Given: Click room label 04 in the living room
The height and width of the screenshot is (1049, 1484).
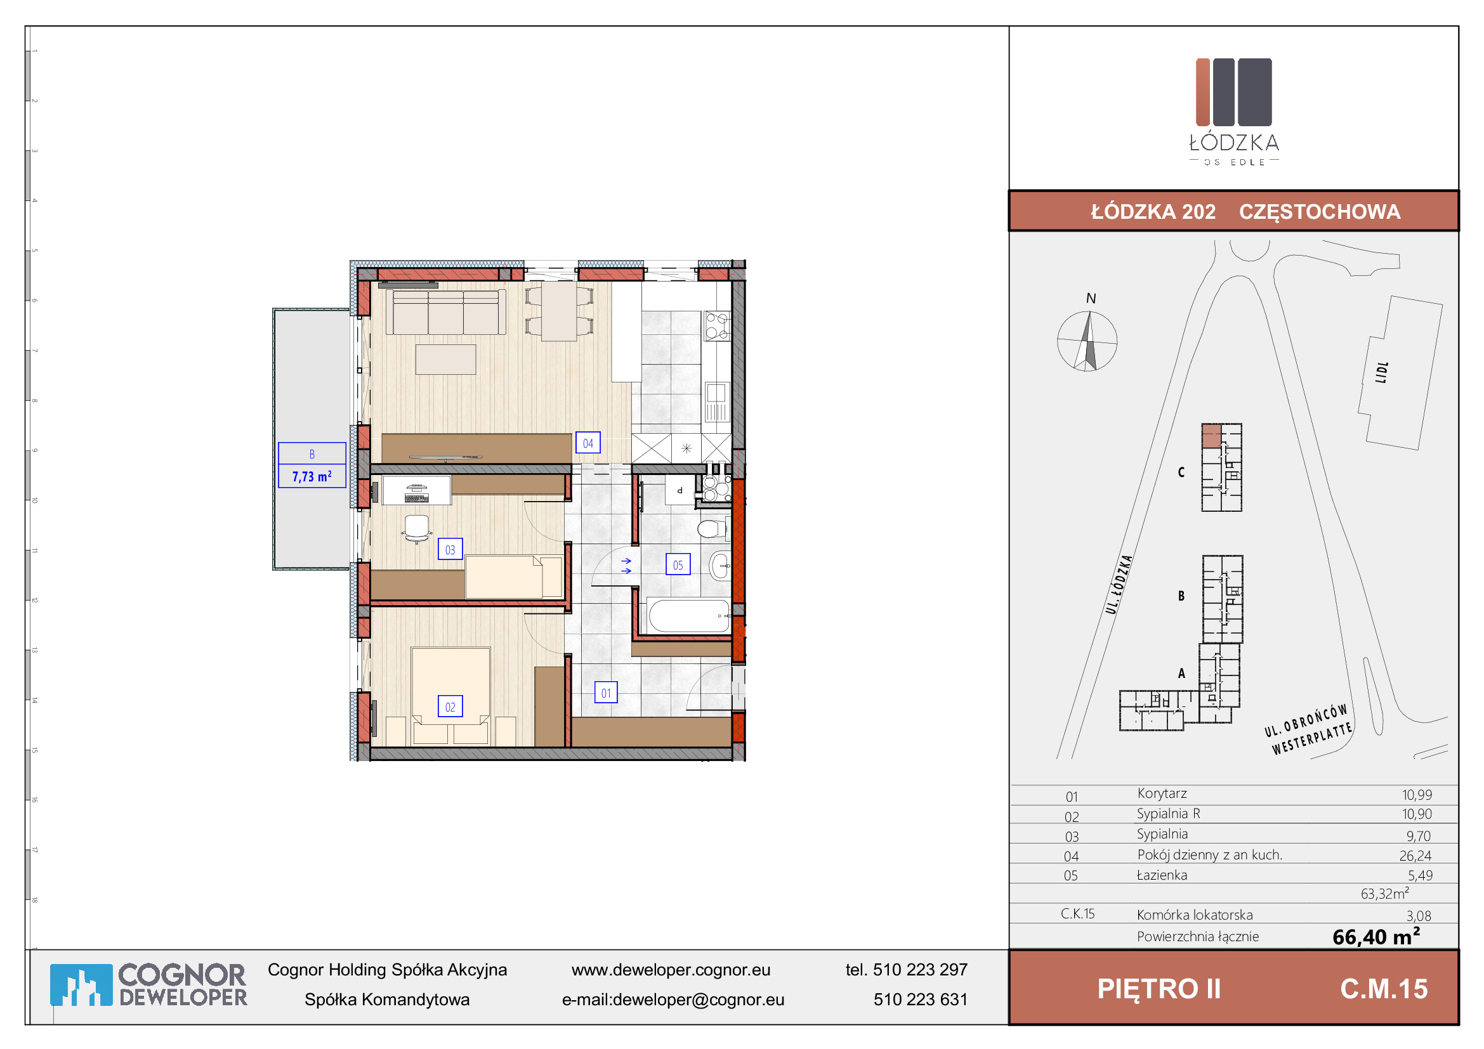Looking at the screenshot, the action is [588, 443].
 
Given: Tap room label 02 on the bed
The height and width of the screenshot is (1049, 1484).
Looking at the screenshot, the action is [450, 707].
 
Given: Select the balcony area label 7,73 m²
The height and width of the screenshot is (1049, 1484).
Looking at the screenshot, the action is [312, 476].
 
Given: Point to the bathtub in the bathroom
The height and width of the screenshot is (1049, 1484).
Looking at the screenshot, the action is [689, 615].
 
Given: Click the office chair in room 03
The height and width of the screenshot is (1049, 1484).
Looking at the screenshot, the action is [416, 528].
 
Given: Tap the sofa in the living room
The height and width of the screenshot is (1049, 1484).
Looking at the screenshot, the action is [445, 312].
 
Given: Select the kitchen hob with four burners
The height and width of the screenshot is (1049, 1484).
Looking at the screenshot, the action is [716, 325].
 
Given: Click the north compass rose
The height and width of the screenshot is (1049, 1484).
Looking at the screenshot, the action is [1087, 341].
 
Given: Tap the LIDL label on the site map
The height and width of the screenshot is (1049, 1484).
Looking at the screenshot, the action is [1382, 373].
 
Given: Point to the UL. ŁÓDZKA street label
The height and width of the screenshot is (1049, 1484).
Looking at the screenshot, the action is [1119, 585].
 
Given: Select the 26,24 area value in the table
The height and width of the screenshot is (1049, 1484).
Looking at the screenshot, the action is [1415, 856].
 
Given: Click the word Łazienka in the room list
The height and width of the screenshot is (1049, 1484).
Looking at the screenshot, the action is [1162, 875].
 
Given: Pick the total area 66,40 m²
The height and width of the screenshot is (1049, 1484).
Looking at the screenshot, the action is [1376, 936].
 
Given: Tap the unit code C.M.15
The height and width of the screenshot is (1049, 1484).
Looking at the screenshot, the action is [1384, 989].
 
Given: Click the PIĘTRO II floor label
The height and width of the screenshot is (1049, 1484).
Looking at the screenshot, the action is [1159, 989].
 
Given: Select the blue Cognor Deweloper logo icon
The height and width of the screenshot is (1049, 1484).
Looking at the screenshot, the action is [81, 985].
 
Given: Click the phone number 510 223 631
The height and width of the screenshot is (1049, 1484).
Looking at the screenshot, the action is [921, 1000].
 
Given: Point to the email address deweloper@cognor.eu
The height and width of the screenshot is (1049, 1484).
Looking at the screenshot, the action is [698, 1000].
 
